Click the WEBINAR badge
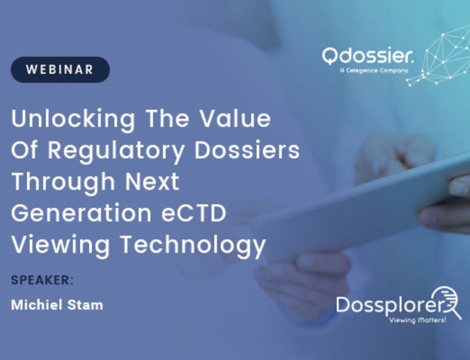60,70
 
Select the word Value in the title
235,118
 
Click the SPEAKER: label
42,280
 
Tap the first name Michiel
37,305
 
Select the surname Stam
85,305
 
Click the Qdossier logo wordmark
368,55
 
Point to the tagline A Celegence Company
374,71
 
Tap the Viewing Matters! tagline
417,320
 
